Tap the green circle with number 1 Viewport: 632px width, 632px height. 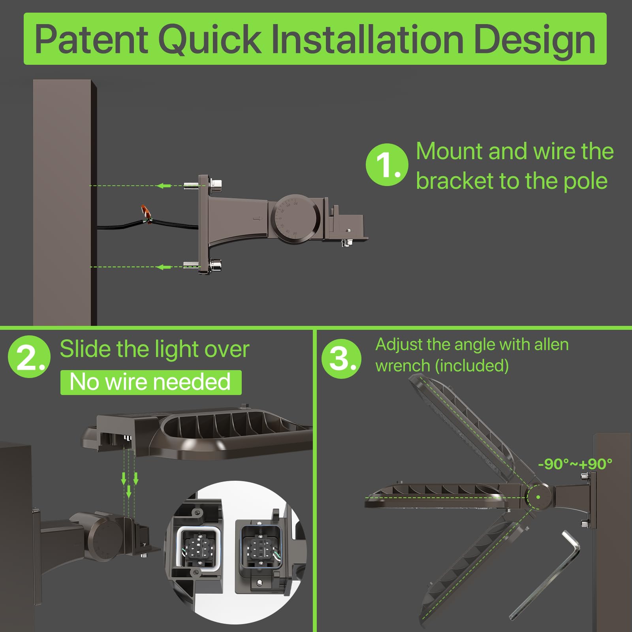(x=386, y=164)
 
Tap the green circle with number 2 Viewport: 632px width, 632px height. (x=29, y=357)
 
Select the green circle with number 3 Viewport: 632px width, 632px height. (x=341, y=359)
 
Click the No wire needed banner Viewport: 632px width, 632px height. (x=150, y=382)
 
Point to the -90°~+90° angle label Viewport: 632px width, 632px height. (x=575, y=464)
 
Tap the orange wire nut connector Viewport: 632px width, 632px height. (x=147, y=214)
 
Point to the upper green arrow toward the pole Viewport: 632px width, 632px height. (x=164, y=185)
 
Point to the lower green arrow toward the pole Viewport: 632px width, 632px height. (x=164, y=267)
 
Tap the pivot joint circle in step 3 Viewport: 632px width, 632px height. (x=538, y=497)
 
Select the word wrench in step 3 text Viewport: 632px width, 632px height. (x=403, y=366)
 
